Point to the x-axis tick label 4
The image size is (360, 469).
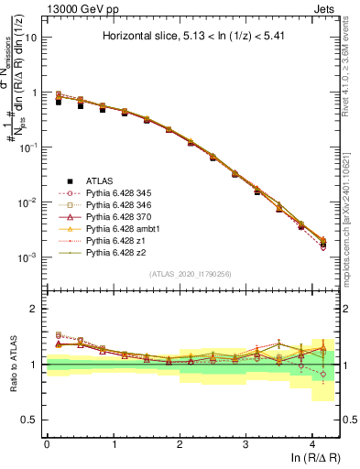pos(311,442)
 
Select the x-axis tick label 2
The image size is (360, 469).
pos(179,442)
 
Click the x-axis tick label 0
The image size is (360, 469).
pos(47,442)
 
